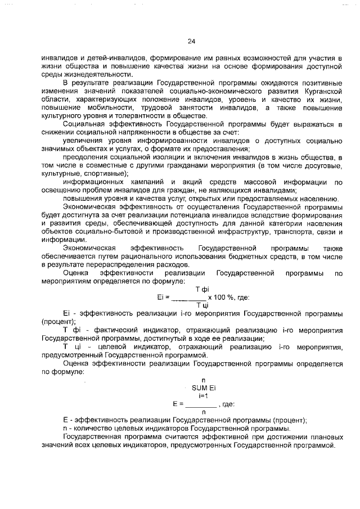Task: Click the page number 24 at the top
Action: pyautogui.click(x=191, y=42)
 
